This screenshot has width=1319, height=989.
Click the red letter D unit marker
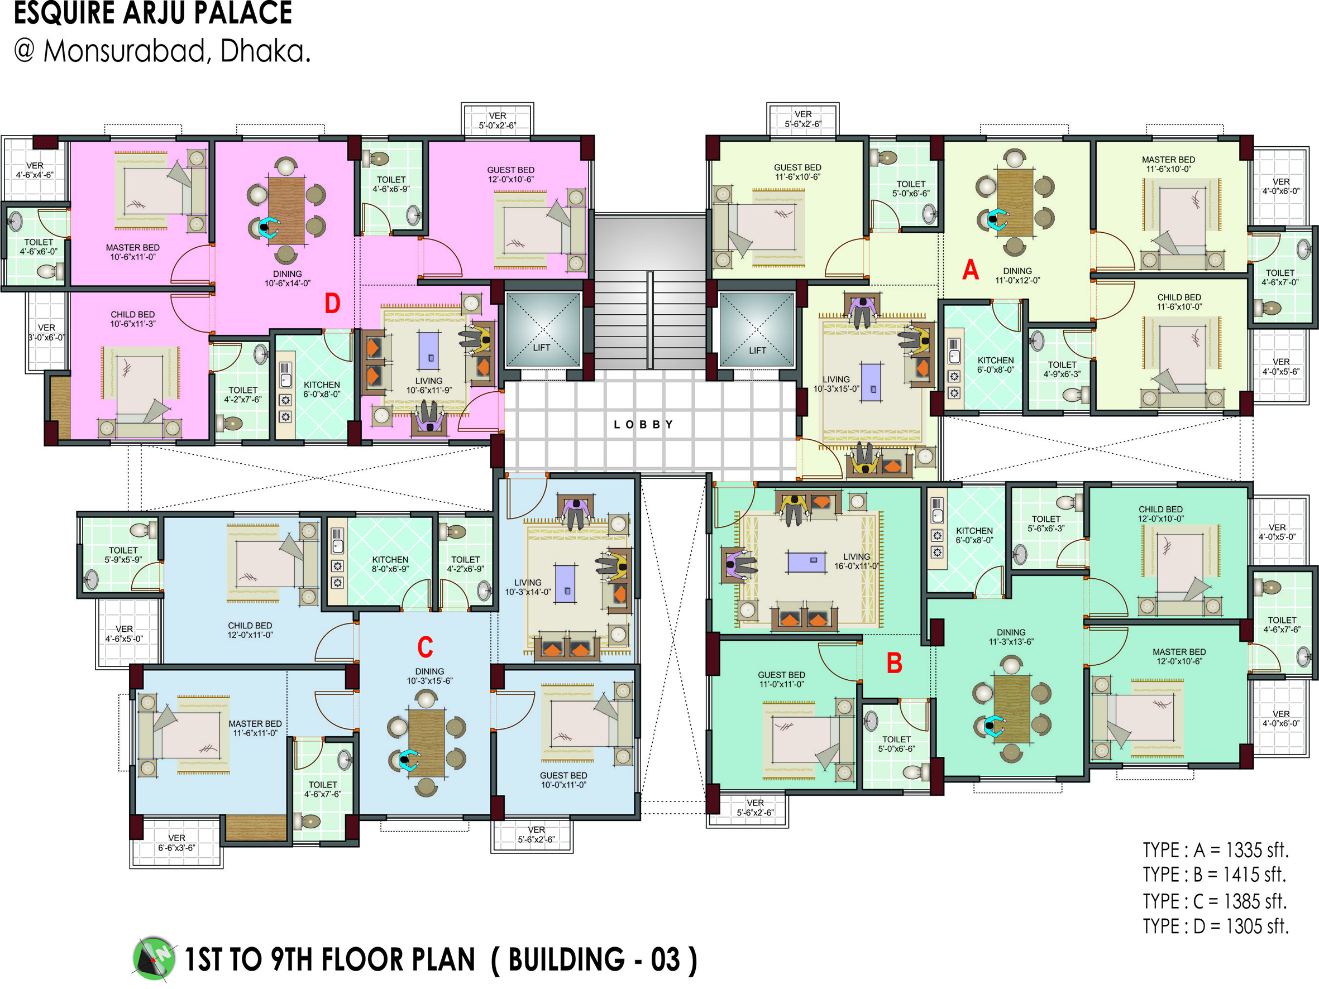pyautogui.click(x=332, y=304)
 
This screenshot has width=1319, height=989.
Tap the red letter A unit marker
pyautogui.click(x=970, y=270)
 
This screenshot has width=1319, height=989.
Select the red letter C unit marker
pyautogui.click(x=424, y=647)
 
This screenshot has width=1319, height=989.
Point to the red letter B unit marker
pyautogui.click(x=894, y=663)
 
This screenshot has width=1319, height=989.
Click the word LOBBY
pyautogui.click(x=643, y=424)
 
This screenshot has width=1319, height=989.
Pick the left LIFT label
pyautogui.click(x=542, y=348)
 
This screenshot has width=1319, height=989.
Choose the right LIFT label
pyautogui.click(x=757, y=351)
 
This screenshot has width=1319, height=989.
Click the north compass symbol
pyautogui.click(x=154, y=959)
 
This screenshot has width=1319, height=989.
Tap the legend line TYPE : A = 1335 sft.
pyautogui.click(x=1215, y=849)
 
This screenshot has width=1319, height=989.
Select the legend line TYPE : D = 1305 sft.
pyautogui.click(x=1215, y=926)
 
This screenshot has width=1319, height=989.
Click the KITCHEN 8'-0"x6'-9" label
pyautogui.click(x=390, y=564)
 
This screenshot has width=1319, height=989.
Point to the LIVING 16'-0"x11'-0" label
pyautogui.click(x=856, y=561)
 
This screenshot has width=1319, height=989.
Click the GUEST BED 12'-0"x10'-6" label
pyautogui.click(x=510, y=175)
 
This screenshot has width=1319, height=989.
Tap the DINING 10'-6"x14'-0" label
pyautogui.click(x=288, y=279)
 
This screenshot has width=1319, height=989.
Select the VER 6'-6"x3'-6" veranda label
pyautogui.click(x=176, y=843)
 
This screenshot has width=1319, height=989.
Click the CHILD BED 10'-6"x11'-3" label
pyautogui.click(x=132, y=319)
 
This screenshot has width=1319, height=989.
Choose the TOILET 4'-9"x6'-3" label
pyautogui.click(x=1062, y=369)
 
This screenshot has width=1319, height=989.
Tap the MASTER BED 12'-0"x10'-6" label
pyautogui.click(x=1179, y=656)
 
